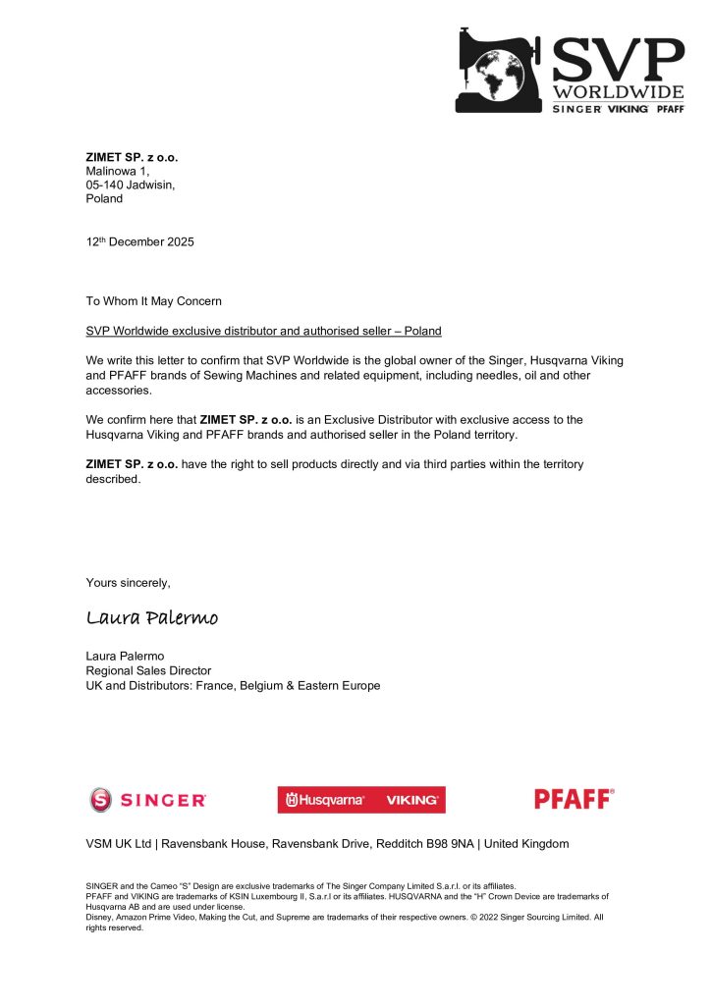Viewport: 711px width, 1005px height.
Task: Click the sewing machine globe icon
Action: pos(500,70)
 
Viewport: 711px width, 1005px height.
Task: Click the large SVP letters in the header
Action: pos(617,61)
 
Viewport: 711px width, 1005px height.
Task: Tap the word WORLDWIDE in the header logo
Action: pos(617,92)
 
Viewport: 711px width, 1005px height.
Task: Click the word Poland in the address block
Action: pos(105,198)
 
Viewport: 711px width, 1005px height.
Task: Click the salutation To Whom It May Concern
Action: pos(154,301)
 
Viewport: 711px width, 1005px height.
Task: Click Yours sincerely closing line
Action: pos(128,583)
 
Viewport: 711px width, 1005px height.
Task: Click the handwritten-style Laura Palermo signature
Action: pos(152,618)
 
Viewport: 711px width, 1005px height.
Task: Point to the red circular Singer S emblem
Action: pos(101,800)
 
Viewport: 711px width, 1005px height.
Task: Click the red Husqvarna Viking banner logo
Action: pos(360,800)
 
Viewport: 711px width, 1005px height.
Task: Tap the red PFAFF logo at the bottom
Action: pos(574,799)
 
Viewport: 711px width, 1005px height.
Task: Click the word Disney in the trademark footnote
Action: pos(102,917)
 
